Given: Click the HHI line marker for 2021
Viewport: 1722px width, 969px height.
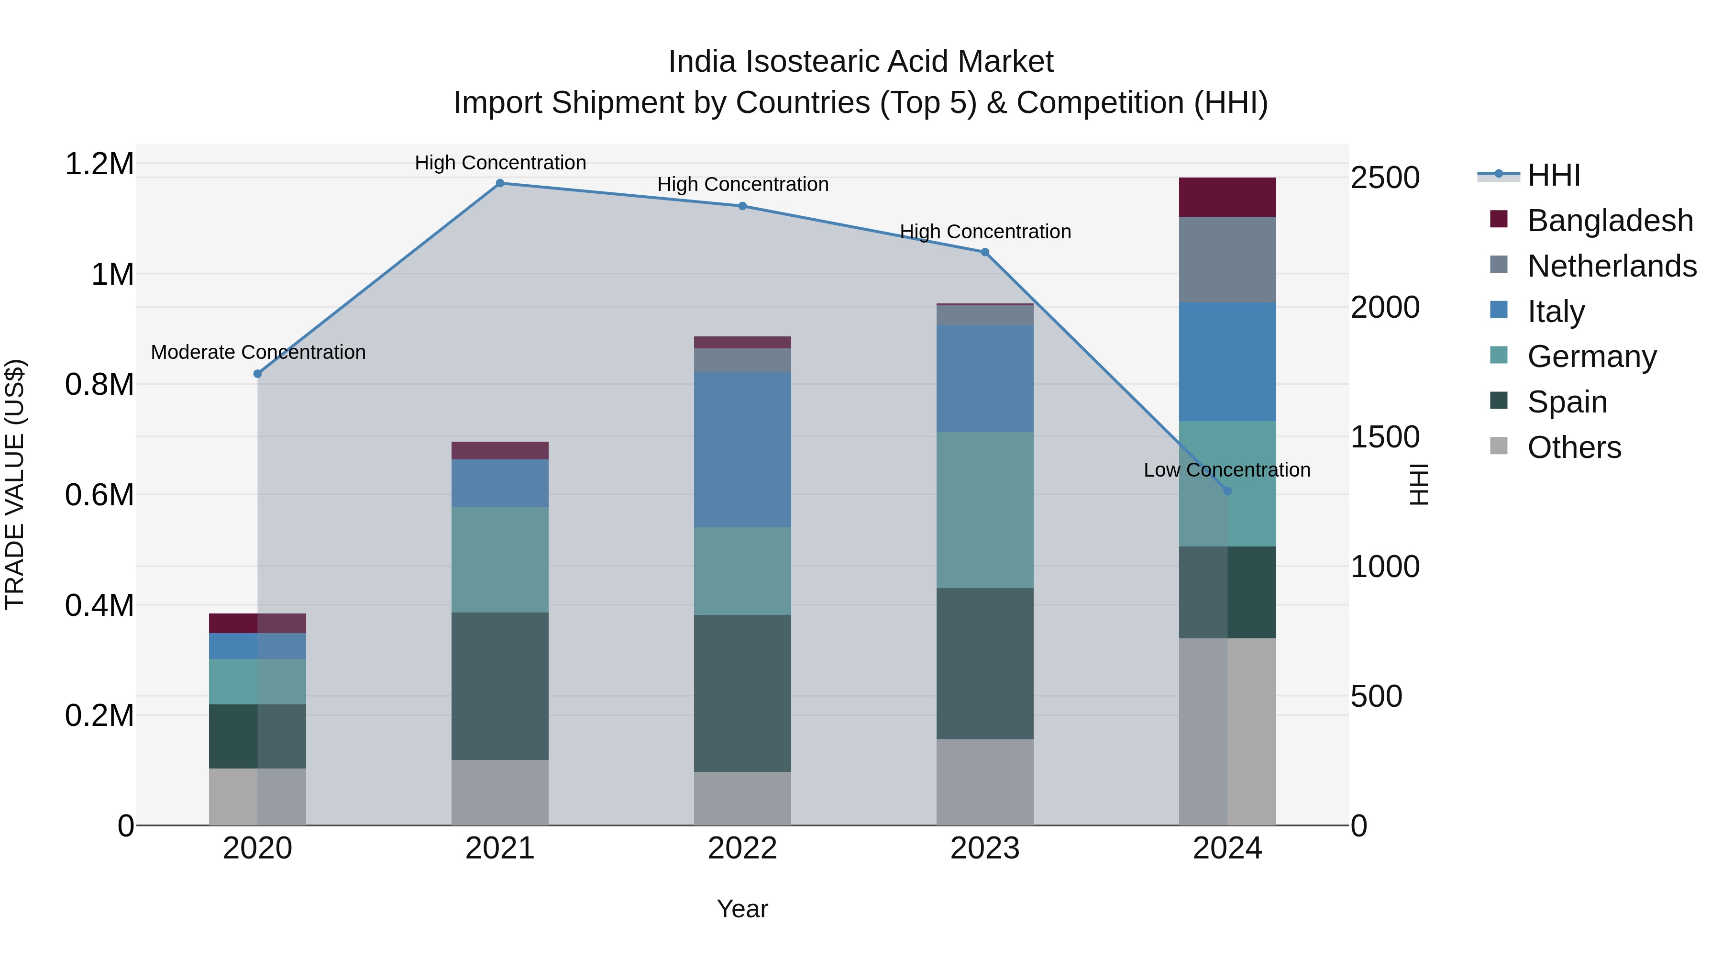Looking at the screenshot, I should click(499, 183).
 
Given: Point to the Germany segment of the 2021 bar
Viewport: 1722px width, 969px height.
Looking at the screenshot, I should click(499, 560).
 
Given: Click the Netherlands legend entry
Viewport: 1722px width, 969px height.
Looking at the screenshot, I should click(1612, 266).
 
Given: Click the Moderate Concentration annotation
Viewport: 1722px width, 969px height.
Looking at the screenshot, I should click(258, 352).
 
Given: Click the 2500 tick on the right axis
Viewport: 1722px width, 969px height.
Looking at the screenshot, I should click(1384, 178).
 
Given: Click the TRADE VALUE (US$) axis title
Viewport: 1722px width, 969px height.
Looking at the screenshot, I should click(15, 484).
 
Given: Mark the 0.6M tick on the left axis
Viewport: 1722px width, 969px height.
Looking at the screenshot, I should click(99, 496).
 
